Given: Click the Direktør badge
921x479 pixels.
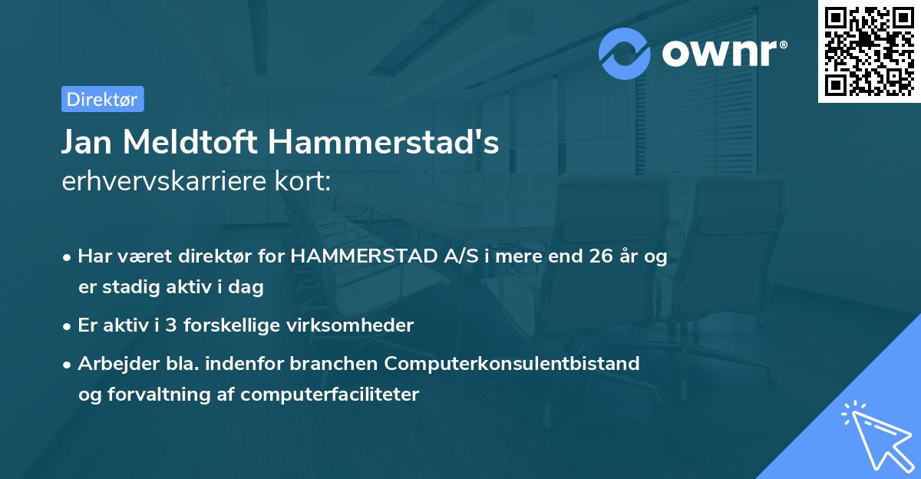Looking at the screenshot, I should (102, 99).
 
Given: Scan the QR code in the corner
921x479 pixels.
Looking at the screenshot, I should (869, 51).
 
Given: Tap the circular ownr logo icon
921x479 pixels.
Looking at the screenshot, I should (625, 54).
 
